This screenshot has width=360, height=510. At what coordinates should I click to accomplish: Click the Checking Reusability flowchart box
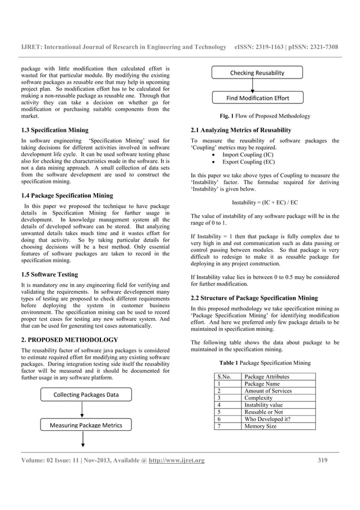click(x=257, y=73)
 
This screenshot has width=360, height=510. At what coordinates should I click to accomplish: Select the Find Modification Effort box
click(x=257, y=98)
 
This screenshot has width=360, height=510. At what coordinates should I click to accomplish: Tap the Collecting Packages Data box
click(x=86, y=395)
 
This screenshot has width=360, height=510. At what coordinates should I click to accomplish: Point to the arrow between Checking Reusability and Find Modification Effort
click(x=253, y=86)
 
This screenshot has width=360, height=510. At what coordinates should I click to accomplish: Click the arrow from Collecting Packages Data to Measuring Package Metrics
click(x=83, y=410)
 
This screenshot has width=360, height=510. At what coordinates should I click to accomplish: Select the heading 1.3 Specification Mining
click(x=55, y=130)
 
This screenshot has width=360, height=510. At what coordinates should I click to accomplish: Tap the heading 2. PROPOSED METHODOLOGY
click(x=69, y=340)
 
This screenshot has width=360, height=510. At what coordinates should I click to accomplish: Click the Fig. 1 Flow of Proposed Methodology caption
click(x=265, y=116)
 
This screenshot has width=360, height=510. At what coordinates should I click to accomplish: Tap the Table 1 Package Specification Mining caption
click(x=265, y=362)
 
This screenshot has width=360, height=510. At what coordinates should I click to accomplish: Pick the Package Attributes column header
click(x=267, y=376)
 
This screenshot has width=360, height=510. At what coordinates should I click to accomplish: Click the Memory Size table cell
click(x=260, y=426)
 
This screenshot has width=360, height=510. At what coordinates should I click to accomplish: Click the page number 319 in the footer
click(x=322, y=460)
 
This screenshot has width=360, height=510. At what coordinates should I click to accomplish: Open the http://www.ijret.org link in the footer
click(x=177, y=460)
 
